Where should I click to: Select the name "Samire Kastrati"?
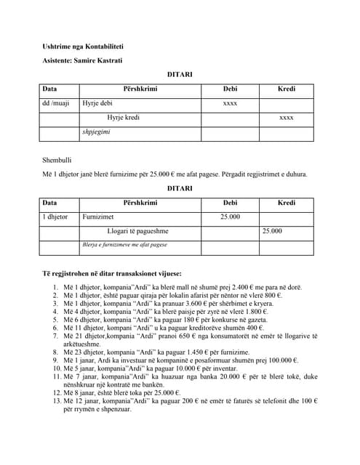click(99, 60)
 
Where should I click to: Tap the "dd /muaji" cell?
click(56, 104)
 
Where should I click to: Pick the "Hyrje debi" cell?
click(97, 104)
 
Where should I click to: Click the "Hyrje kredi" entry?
click(123, 118)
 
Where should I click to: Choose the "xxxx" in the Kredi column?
click(287, 118)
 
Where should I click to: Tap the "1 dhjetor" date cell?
click(55, 217)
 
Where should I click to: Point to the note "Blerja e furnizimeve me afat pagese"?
click(124, 245)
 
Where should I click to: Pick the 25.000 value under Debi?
click(230, 217)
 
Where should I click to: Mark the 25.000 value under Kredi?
click(272, 231)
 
